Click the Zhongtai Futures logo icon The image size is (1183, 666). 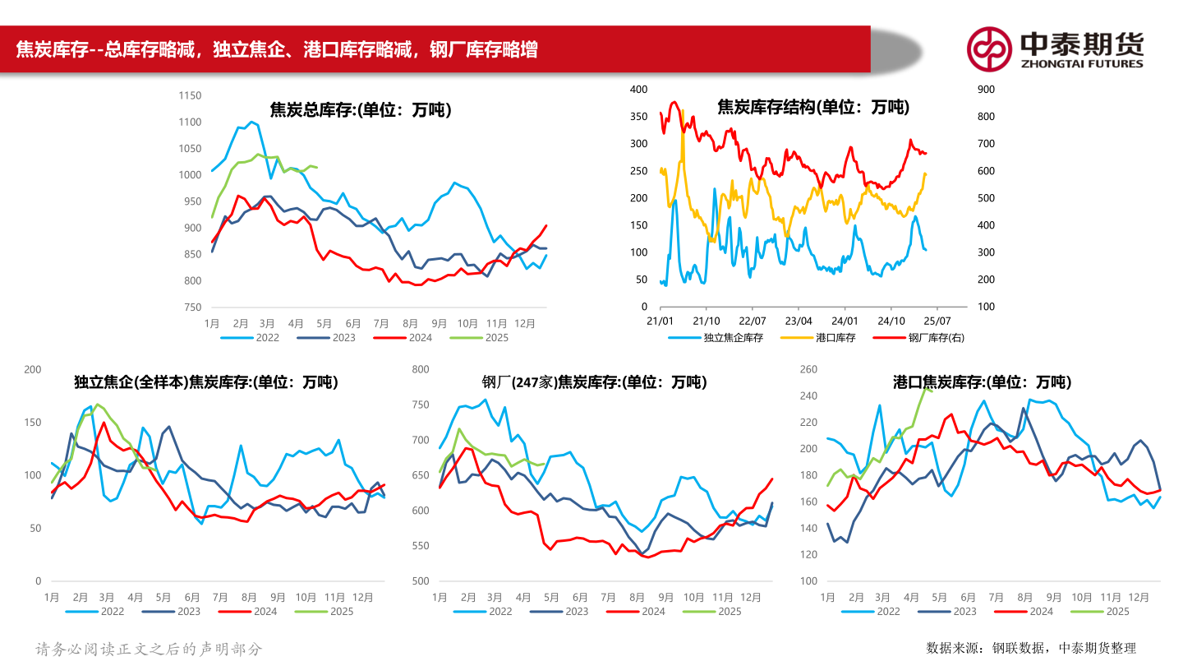point(988,49)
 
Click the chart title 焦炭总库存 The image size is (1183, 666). point(361,109)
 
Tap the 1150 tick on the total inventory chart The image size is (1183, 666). point(190,95)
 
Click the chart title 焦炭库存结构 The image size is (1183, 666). point(813,107)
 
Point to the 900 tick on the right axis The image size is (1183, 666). point(985,89)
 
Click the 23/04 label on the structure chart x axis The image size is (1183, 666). point(799,321)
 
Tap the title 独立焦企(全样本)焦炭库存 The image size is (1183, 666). point(205,382)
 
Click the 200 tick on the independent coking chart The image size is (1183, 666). point(33,369)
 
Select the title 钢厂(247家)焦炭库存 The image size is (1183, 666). point(594,382)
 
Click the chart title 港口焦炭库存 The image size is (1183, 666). point(982,382)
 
